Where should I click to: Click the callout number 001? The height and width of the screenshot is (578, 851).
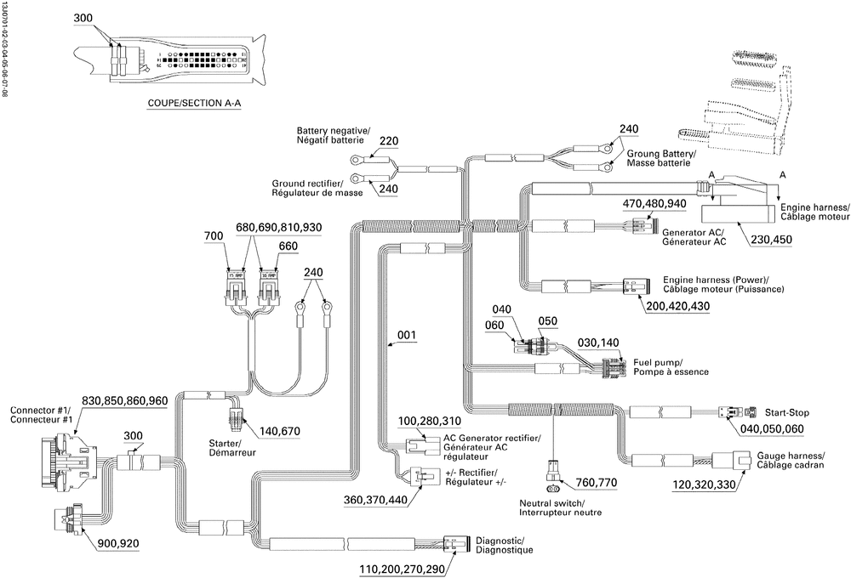[406, 336]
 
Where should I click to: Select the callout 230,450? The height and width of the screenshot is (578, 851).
[771, 240]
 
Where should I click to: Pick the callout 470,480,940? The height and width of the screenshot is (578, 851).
[654, 204]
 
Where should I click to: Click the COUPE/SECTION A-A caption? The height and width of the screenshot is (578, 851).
[195, 105]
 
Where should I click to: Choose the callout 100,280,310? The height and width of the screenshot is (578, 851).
[431, 422]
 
